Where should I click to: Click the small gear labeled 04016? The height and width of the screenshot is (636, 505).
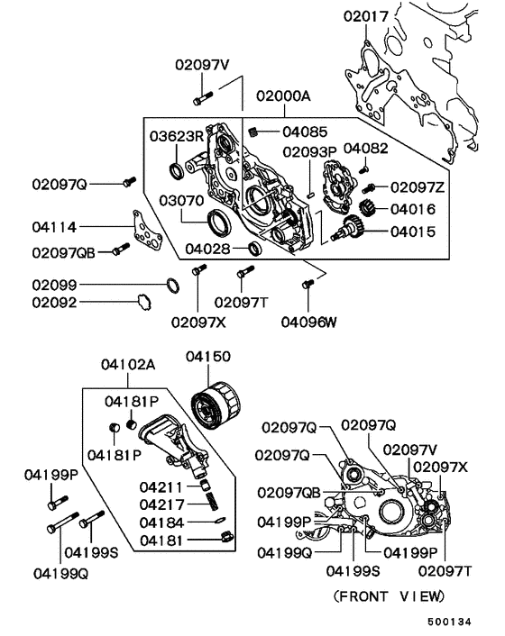pos(365,210)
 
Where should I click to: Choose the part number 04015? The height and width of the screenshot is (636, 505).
pos(413,232)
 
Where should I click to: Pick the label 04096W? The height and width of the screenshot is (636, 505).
pos(308,319)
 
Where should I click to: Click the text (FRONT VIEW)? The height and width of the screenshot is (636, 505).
pos(388,596)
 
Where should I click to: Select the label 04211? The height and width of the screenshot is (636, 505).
pos(161,486)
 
